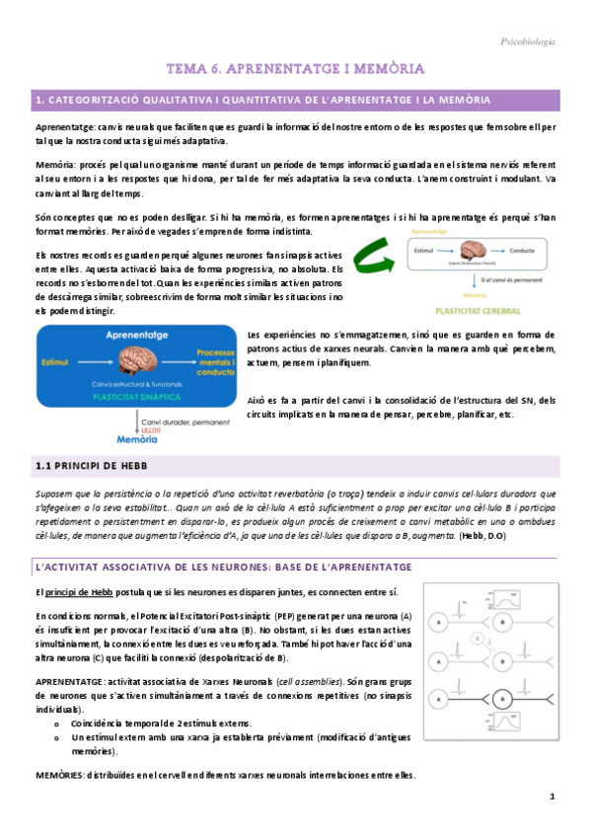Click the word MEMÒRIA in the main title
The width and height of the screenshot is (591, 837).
click(x=374, y=69)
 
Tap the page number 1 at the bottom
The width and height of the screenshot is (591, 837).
click(x=554, y=798)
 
